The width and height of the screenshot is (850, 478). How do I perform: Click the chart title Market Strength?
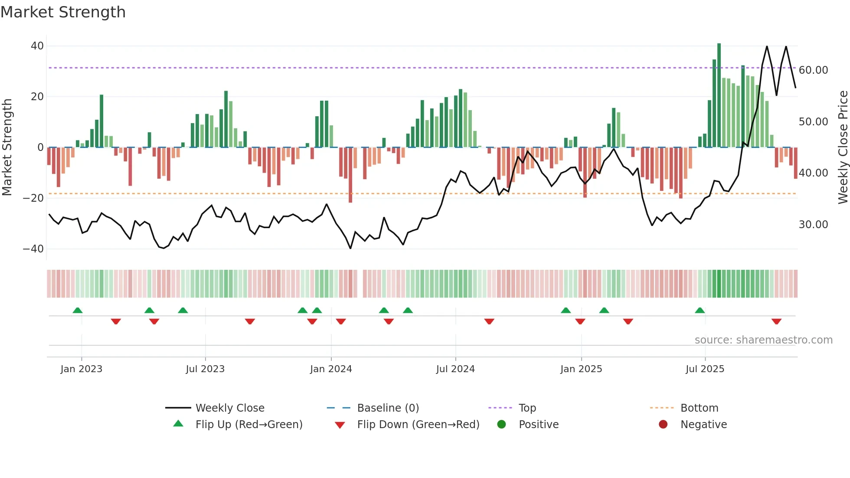[x=63, y=12]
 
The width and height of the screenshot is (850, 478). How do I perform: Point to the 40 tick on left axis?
[x=37, y=46]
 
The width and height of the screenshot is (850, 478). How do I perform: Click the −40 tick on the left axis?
[x=33, y=249]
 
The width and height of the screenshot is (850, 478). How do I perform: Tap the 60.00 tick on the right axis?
[x=813, y=70]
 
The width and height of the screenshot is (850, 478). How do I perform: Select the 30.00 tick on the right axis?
[x=813, y=225]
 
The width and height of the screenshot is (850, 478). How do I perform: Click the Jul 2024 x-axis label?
[x=455, y=369]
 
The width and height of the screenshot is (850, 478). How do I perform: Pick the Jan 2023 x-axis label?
[x=82, y=369]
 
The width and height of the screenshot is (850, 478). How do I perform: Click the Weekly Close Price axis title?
[x=843, y=147]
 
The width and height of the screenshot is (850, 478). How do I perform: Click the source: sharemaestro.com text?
[x=763, y=340]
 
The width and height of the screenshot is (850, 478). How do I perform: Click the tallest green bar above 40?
[x=719, y=95]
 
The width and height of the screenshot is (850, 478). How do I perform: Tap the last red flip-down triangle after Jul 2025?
[x=776, y=321]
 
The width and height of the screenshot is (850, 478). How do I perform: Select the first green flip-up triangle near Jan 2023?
[x=78, y=311]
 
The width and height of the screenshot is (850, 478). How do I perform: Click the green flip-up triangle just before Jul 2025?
[x=700, y=311]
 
